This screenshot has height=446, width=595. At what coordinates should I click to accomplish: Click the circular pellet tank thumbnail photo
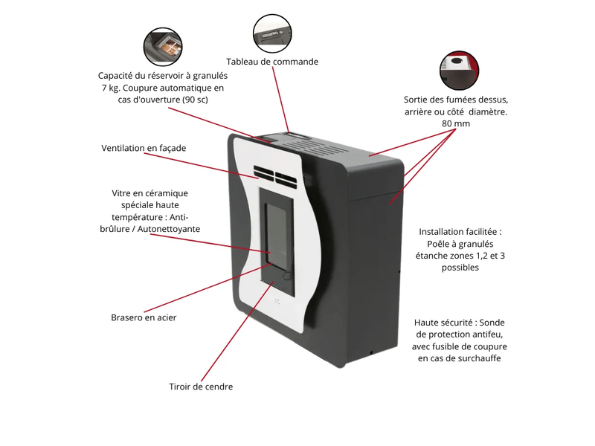[x=163, y=47]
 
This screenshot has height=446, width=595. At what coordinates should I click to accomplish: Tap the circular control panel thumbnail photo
[x=272, y=33]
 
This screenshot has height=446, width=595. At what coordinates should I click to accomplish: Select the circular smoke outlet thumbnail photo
[x=459, y=71]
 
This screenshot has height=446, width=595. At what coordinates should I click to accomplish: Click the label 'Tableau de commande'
[x=272, y=62]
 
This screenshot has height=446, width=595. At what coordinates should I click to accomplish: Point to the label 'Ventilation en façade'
[x=144, y=148]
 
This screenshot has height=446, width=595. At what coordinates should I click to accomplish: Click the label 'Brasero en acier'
[x=144, y=317]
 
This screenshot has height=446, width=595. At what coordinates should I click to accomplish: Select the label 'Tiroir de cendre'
[x=201, y=387]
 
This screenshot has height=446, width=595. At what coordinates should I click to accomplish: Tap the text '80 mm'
[x=456, y=123]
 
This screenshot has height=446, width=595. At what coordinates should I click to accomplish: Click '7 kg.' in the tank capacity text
[x=110, y=88]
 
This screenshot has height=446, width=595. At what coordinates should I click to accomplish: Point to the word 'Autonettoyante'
[x=169, y=229]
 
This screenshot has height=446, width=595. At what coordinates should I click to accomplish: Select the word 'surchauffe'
[x=479, y=358]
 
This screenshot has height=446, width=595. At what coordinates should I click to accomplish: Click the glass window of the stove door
[x=276, y=234]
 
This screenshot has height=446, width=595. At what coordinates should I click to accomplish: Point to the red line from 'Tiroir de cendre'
[x=237, y=331]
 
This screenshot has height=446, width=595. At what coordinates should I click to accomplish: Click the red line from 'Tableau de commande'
[x=280, y=100]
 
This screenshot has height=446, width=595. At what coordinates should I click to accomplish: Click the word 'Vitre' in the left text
[x=120, y=193]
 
